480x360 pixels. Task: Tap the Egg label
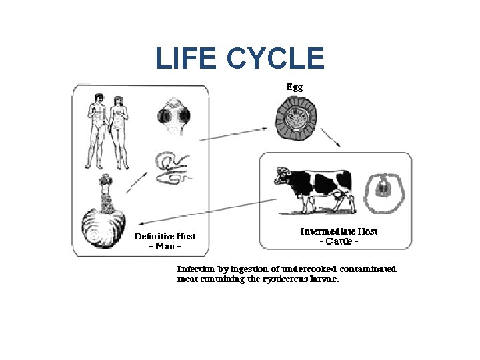[x=294, y=87]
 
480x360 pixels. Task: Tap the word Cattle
[x=339, y=241]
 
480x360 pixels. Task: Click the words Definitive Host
[x=165, y=236]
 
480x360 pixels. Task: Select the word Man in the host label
[x=165, y=245]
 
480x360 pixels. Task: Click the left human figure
[x=97, y=130]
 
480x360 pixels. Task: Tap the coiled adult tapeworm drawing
[x=172, y=167]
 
